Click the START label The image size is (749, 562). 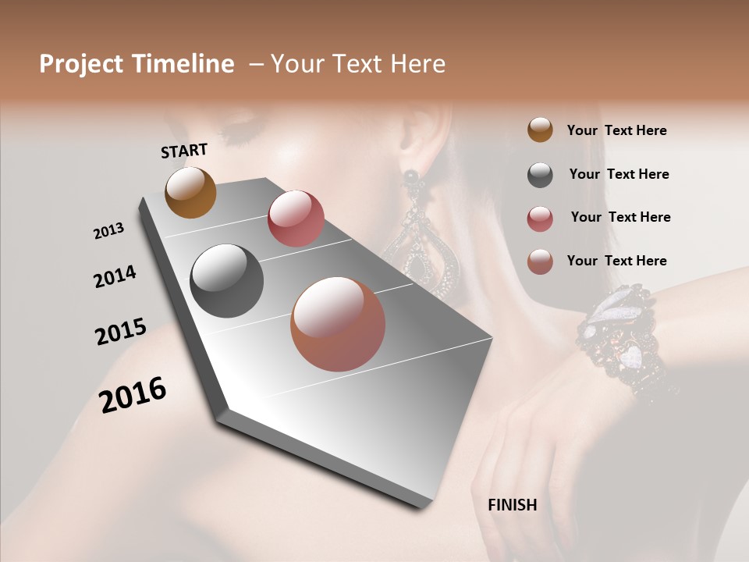[184, 151]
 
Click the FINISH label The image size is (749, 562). [512, 505]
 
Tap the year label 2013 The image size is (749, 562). [108, 231]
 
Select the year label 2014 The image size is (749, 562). [115, 277]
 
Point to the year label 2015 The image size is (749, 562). [121, 332]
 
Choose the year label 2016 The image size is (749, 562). [133, 395]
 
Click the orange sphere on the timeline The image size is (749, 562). [190, 192]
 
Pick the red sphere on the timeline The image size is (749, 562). [296, 218]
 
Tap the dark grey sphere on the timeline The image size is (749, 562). [227, 281]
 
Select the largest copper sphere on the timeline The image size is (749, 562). [338, 324]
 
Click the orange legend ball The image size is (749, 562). [540, 130]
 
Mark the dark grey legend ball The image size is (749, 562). [540, 175]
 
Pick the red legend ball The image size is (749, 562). [540, 219]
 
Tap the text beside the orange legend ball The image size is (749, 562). [616, 130]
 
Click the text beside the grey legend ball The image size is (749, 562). [619, 174]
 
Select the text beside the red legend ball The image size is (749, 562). [620, 217]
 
